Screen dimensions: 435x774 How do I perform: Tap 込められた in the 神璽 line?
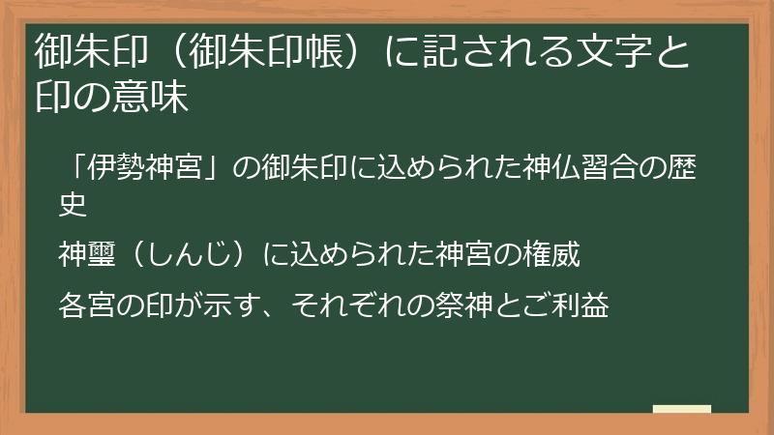pos(367,256)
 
